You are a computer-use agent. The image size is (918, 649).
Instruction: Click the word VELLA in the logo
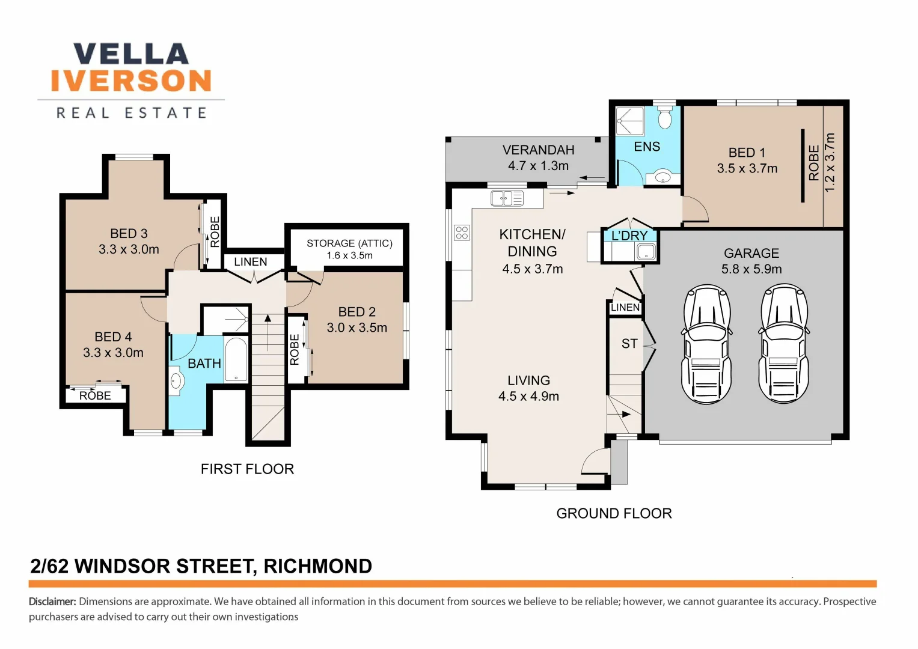click(x=131, y=53)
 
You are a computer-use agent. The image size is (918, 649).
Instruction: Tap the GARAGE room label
click(x=751, y=253)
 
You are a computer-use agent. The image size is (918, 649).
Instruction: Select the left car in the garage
click(x=706, y=344)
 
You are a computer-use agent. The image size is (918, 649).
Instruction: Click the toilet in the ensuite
click(x=664, y=118)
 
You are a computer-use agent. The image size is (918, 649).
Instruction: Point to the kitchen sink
click(x=507, y=199)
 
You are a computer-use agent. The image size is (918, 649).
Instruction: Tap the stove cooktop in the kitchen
click(x=462, y=233)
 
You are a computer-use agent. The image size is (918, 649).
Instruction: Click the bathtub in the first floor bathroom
click(x=236, y=359)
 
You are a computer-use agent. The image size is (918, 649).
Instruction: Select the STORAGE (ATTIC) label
click(x=349, y=243)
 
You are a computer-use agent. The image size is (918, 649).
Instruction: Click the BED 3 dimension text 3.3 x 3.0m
click(x=129, y=249)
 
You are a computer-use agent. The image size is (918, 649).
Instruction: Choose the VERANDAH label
click(x=538, y=150)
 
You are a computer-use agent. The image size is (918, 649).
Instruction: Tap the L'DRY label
click(x=629, y=236)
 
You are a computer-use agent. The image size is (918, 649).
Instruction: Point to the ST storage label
click(x=629, y=343)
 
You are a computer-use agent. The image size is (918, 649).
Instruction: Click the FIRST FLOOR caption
click(x=247, y=469)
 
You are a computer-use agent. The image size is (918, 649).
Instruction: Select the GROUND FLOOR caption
click(x=614, y=513)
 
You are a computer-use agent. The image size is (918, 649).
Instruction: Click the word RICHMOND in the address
click(x=317, y=566)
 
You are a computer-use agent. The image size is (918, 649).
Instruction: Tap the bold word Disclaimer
click(x=52, y=602)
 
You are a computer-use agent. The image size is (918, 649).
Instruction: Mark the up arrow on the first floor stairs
click(x=268, y=332)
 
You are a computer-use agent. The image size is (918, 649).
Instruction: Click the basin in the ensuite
click(x=662, y=177)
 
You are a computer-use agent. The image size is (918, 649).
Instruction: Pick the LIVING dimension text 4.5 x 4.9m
click(x=528, y=396)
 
